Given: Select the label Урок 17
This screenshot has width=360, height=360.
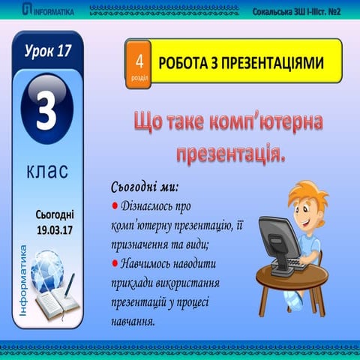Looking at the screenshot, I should (x=47, y=52).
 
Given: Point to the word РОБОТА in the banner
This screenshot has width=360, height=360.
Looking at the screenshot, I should (x=183, y=64).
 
